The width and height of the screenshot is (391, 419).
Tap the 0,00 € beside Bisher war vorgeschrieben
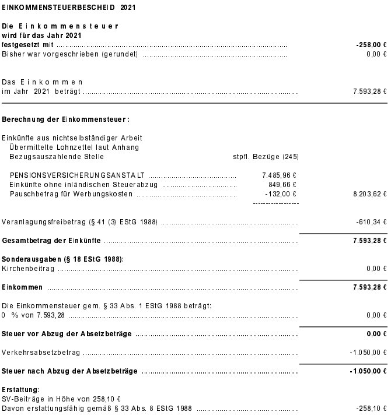tap(376, 54)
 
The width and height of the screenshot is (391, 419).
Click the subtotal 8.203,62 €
tap(370, 194)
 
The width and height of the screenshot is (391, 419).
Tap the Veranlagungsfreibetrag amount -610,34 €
tap(371, 222)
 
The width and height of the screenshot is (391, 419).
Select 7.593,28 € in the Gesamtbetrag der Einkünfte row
tap(370, 241)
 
